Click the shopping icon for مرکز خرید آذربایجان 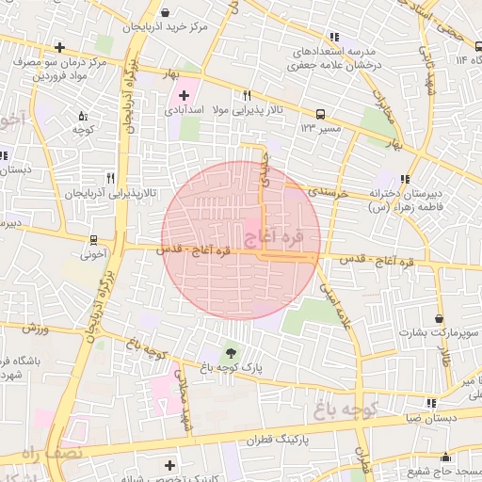click(x=167, y=14)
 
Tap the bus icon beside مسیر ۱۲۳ click(x=321, y=109)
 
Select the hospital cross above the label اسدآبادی click(x=184, y=96)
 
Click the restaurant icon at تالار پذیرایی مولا click(x=247, y=95)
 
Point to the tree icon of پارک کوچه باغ click(x=231, y=352)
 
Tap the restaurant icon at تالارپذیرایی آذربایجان click(x=110, y=177)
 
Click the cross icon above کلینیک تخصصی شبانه click(x=169, y=465)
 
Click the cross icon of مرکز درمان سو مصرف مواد click(x=60, y=47)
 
